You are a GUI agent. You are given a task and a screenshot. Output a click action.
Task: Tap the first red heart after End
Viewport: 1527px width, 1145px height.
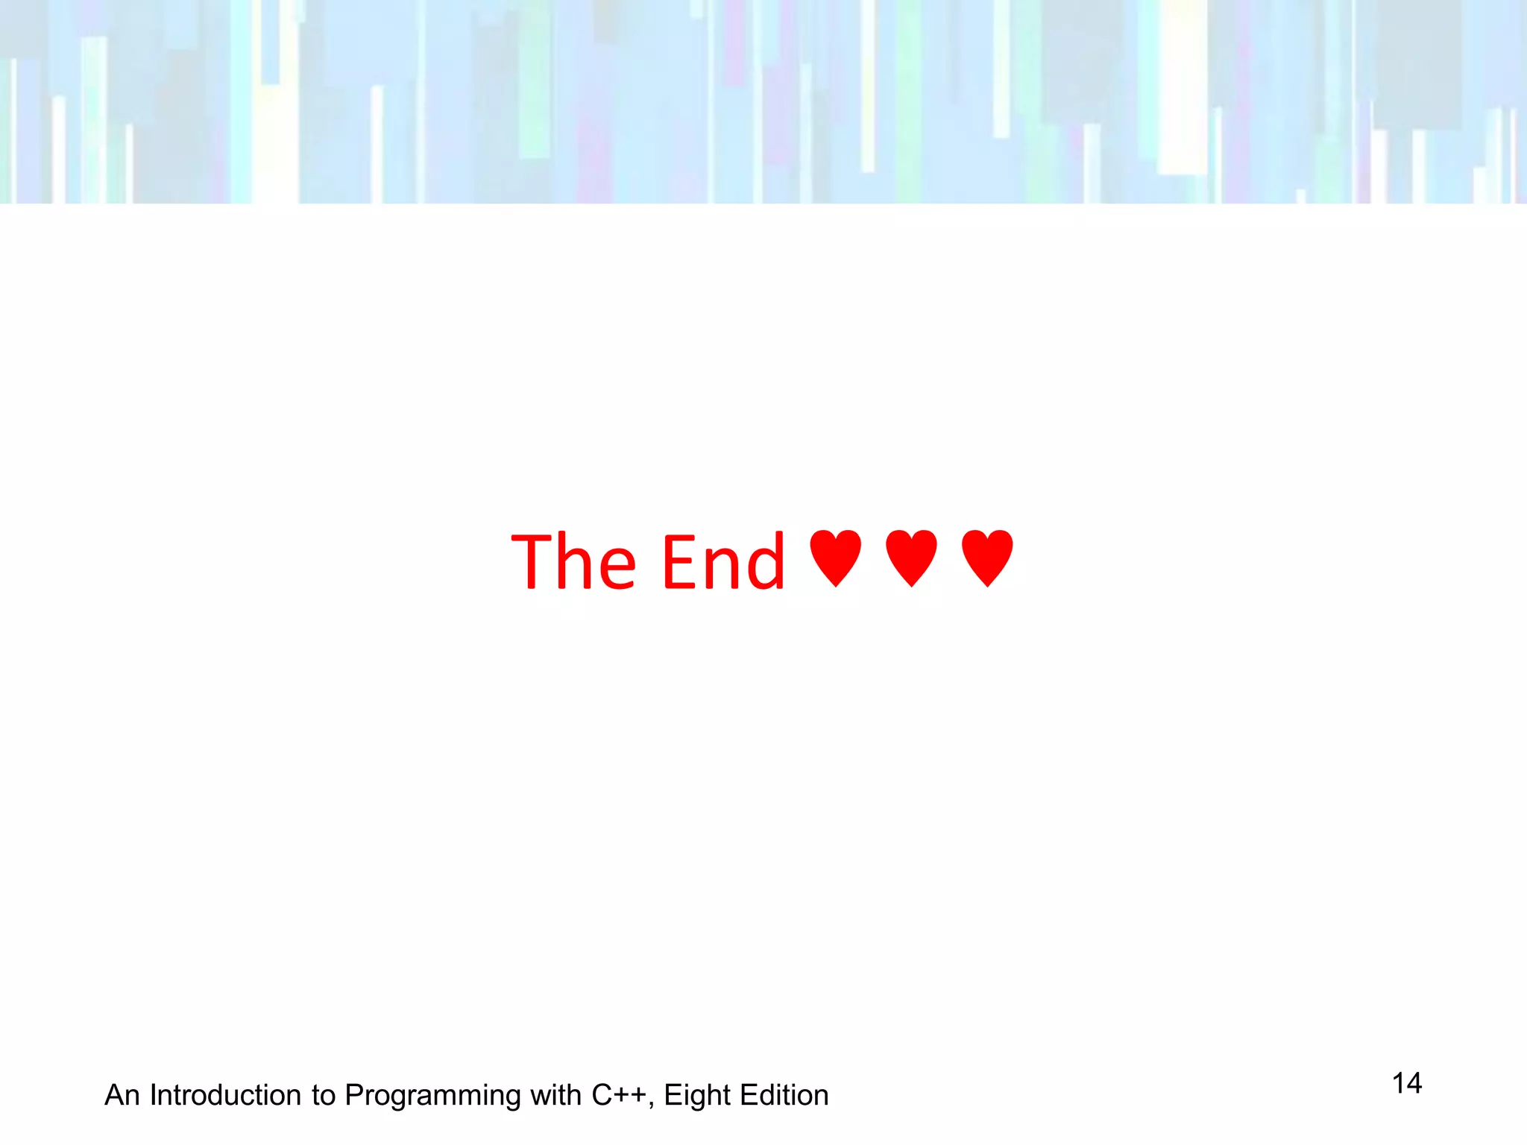pos(836,558)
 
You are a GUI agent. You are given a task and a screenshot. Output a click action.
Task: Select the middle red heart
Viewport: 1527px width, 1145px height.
pos(911,558)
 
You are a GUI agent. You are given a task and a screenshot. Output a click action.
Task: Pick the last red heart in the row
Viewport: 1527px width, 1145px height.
pos(987,558)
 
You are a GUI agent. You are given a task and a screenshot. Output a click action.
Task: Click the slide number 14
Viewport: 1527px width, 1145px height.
pos(1407,1083)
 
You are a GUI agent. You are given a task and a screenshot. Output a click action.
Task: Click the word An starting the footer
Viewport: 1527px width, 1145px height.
pos(122,1095)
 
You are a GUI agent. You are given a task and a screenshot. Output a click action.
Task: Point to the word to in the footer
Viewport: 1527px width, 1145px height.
pos(324,1095)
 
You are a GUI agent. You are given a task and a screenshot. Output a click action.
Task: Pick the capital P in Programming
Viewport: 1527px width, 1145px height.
pos(354,1095)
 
